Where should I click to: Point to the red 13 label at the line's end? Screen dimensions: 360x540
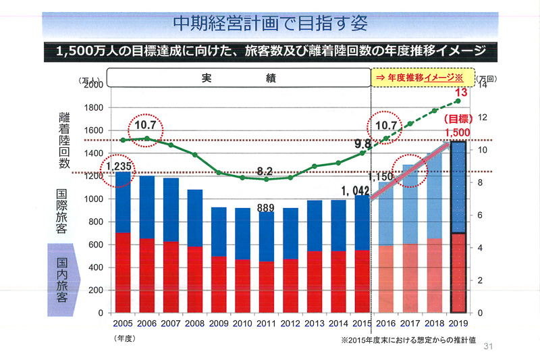461,93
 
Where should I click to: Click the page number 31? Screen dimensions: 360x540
489,347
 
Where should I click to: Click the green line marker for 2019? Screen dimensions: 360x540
458,101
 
